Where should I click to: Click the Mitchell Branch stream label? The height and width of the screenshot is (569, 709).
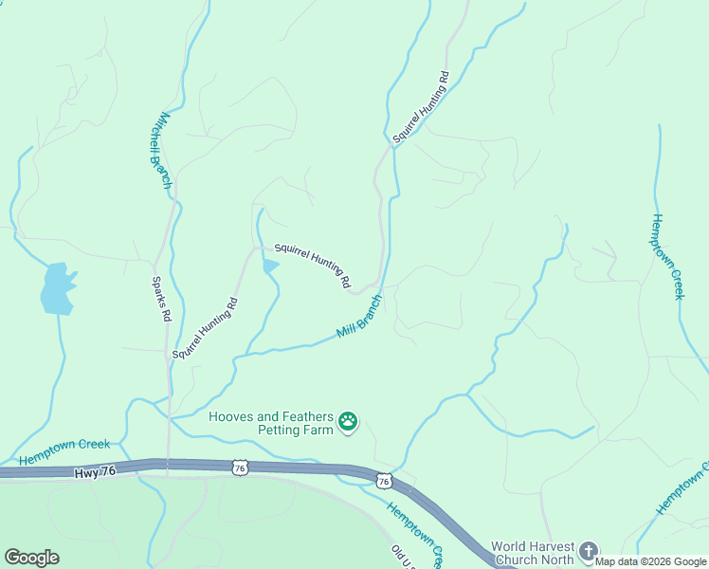[x=158, y=151]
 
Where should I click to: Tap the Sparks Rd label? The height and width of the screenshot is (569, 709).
[x=162, y=300]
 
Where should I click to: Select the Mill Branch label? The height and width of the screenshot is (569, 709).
[x=360, y=317]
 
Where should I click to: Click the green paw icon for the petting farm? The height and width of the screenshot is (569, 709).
[x=349, y=420]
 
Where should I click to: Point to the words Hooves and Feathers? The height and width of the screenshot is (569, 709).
[x=271, y=416]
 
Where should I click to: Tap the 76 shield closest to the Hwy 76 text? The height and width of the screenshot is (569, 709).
[x=241, y=468]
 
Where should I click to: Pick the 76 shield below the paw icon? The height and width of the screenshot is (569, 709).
[x=383, y=482]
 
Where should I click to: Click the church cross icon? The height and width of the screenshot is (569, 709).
[x=589, y=550]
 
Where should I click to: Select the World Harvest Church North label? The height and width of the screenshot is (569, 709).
[x=532, y=553]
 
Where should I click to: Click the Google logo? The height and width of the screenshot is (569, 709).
[x=31, y=558]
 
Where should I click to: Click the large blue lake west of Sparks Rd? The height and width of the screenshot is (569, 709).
[x=57, y=288]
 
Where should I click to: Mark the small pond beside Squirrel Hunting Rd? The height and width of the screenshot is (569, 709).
[x=271, y=266]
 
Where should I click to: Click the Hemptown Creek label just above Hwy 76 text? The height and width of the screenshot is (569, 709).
[x=64, y=450]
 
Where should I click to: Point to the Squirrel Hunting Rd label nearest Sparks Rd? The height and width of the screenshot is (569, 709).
[x=205, y=328]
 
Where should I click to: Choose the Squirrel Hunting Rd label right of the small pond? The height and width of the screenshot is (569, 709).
[x=313, y=265]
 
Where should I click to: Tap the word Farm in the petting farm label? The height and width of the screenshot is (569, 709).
[x=320, y=431]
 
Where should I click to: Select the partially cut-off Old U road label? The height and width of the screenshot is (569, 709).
[x=402, y=554]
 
